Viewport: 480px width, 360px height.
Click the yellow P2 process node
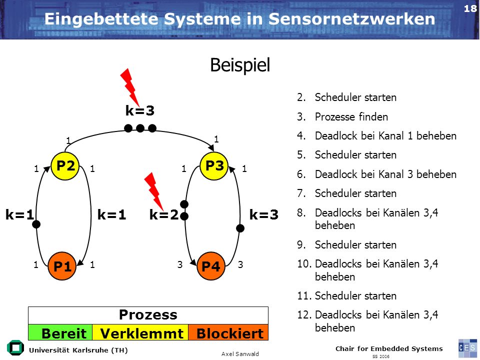click(x=65, y=165)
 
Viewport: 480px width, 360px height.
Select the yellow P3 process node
click(x=214, y=165)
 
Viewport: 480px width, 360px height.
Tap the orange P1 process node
click(x=62, y=266)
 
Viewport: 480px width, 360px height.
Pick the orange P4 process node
click(x=210, y=266)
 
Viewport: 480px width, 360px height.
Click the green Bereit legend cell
click(x=60, y=332)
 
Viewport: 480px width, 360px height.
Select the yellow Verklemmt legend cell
click(x=140, y=332)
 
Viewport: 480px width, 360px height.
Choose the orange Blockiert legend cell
click(x=228, y=332)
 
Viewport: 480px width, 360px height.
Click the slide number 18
click(x=470, y=8)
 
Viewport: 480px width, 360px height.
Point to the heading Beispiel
click(x=240, y=65)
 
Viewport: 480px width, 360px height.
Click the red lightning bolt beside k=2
click(x=154, y=191)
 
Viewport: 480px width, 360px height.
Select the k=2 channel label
click(x=164, y=214)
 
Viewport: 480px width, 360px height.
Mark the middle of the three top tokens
click(x=140, y=128)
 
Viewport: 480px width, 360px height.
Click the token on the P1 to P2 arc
click(x=36, y=224)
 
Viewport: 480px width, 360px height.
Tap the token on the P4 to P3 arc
click(x=240, y=228)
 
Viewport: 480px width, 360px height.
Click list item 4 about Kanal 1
click(x=376, y=135)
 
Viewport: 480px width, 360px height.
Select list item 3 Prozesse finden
click(x=342, y=116)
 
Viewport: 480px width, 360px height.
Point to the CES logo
click(x=467, y=348)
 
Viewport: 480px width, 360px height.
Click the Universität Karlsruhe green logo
click(x=15, y=348)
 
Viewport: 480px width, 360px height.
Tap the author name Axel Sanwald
click(x=240, y=354)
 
